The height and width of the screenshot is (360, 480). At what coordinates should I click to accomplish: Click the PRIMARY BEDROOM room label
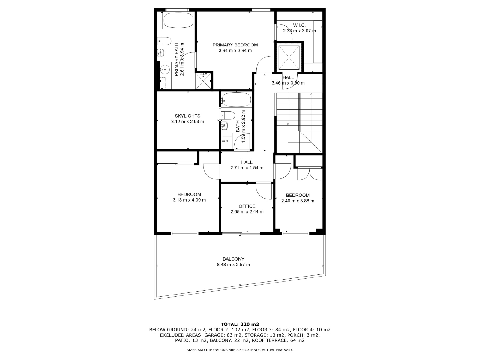point(235,45)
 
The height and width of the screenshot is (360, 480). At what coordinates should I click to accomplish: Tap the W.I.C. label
point(299,25)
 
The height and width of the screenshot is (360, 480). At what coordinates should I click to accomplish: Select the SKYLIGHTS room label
point(187,116)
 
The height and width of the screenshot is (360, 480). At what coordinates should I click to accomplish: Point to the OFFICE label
point(247,206)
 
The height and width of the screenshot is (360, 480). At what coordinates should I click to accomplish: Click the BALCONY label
point(233,259)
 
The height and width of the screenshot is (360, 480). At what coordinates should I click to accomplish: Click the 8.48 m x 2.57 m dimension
point(233,265)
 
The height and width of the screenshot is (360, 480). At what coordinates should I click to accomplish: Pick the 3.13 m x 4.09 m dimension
point(189,200)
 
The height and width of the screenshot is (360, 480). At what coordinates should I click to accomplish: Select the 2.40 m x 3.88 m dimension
point(298,201)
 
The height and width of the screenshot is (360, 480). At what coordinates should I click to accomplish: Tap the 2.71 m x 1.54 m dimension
point(247,168)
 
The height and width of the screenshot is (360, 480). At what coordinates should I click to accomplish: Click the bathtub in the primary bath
point(178,20)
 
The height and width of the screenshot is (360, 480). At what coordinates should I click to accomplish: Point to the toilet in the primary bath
point(164,41)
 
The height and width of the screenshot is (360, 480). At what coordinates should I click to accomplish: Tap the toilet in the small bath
point(228,115)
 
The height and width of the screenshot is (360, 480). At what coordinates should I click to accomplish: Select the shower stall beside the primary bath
point(203,81)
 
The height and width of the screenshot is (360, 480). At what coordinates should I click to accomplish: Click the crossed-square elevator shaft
point(289,57)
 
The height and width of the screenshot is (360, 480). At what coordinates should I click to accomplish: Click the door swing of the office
point(264,191)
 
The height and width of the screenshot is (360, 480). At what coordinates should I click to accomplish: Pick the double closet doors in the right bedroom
point(309,174)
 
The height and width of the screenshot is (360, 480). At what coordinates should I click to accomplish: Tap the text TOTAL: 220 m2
point(240,324)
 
